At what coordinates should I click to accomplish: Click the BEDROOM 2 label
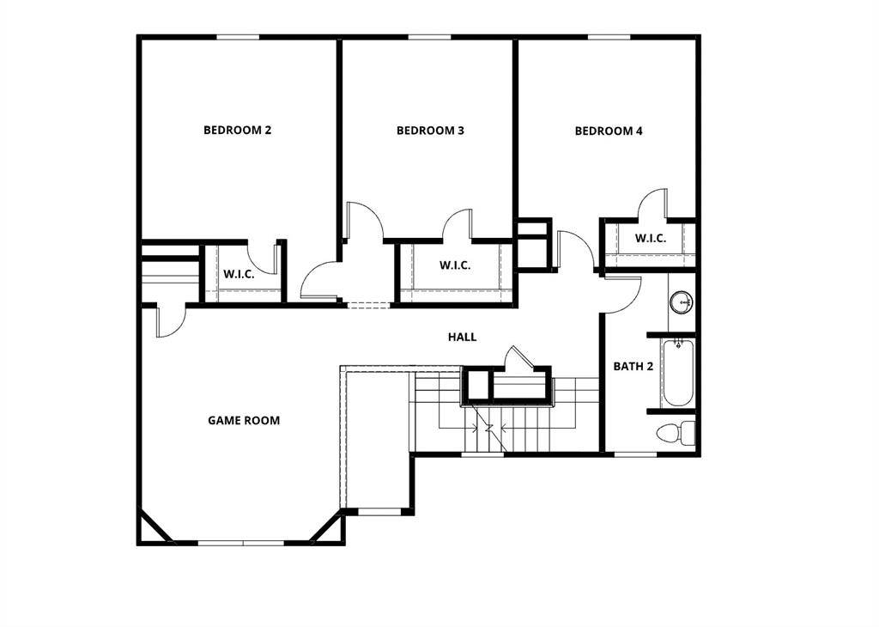[237, 130]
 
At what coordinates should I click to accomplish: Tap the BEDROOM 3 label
[430, 131]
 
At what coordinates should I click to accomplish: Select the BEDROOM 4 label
[609, 131]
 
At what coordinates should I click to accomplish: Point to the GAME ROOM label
[244, 421]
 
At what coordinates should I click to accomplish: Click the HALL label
[463, 337]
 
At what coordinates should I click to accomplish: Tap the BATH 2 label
[633, 367]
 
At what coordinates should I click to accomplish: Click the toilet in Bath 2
[675, 433]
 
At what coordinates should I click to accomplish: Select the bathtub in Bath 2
[678, 373]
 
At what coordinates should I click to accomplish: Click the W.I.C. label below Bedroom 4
[651, 239]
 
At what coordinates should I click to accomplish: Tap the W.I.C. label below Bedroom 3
[455, 265]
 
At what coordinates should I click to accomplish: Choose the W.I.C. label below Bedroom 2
[239, 275]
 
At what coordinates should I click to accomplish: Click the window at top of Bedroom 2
[238, 38]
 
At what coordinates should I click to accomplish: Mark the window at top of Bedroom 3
[429, 38]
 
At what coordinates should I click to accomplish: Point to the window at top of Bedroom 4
[609, 38]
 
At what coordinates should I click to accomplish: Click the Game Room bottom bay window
[241, 543]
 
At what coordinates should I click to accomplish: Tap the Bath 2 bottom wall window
[636, 454]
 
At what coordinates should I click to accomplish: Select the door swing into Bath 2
[621, 293]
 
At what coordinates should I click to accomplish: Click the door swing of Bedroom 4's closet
[653, 204]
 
